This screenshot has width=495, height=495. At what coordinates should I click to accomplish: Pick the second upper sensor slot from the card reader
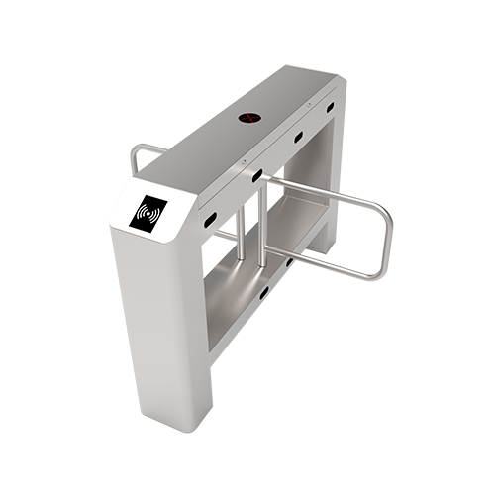pyautogui.click(x=256, y=176)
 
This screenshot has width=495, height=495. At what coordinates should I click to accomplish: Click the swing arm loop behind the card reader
pyautogui.click(x=140, y=158)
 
